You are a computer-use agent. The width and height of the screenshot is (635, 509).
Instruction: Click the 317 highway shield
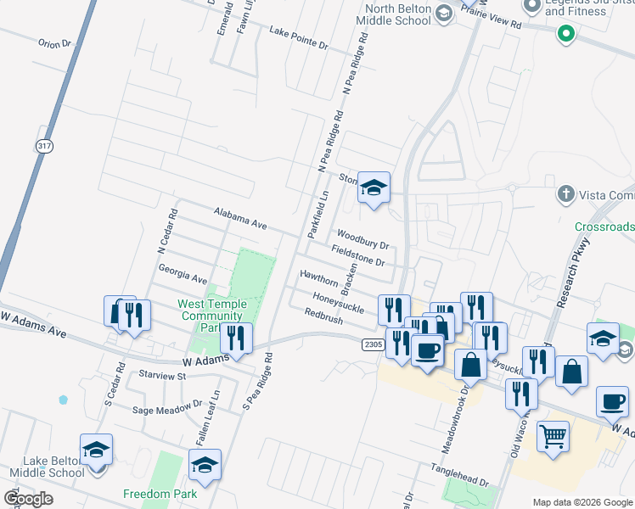[x=44, y=146]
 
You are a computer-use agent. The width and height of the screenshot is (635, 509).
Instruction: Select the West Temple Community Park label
[x=212, y=316]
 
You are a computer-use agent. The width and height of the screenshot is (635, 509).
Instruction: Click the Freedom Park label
[x=160, y=494]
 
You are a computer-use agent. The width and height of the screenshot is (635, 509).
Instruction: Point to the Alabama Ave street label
[x=240, y=218]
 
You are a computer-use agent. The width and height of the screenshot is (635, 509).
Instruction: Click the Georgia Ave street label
[x=183, y=273]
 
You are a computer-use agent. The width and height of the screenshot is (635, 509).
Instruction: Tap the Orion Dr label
[x=53, y=42]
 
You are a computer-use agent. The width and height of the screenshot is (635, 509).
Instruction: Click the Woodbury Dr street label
[x=362, y=238]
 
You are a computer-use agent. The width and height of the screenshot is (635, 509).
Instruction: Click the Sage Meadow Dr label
[x=166, y=409]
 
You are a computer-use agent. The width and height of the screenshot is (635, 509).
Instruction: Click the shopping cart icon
[x=554, y=436]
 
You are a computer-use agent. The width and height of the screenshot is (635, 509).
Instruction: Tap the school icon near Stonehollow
[x=374, y=187]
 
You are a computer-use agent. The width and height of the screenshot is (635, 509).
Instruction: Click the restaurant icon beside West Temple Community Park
[x=236, y=337]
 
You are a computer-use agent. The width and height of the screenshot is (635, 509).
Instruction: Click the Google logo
[x=28, y=498]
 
